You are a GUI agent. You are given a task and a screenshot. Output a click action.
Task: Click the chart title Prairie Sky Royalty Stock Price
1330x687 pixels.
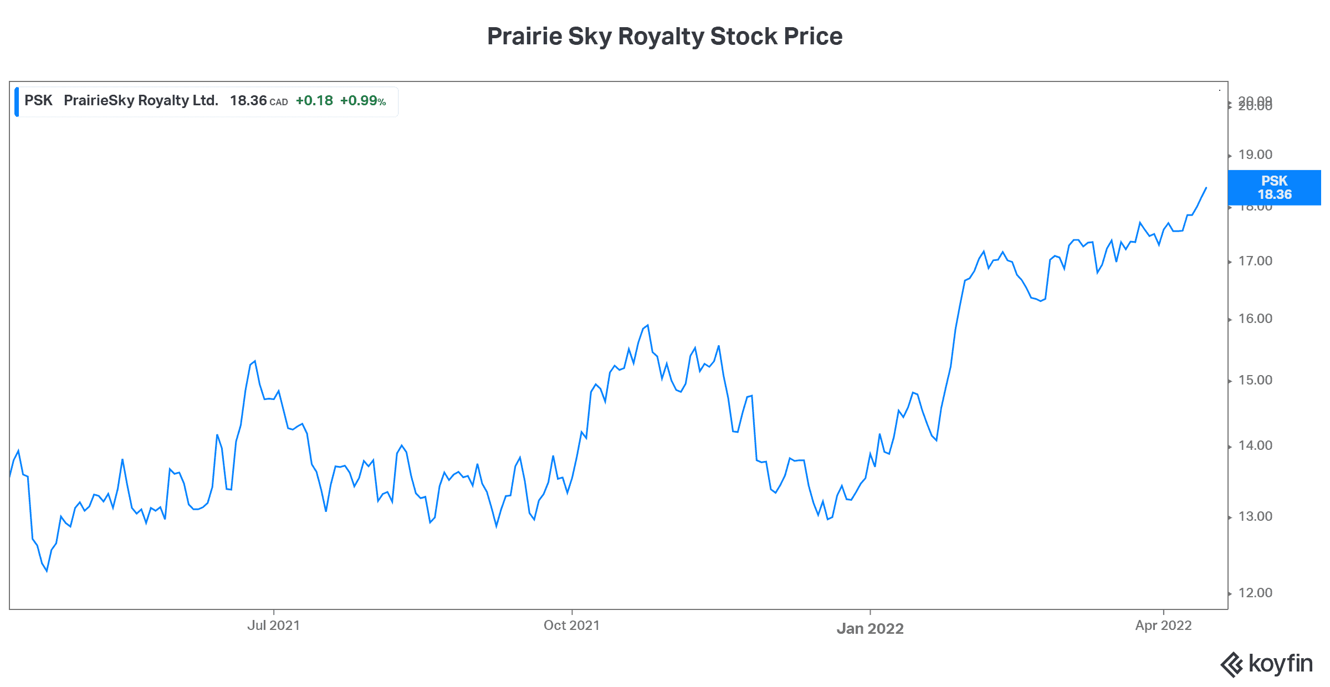click(664, 37)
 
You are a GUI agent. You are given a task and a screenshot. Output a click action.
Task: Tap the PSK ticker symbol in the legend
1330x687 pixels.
click(38, 101)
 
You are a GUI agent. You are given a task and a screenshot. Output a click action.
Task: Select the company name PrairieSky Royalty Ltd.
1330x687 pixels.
click(141, 101)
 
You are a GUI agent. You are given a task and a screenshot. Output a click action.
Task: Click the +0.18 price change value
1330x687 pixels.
click(314, 101)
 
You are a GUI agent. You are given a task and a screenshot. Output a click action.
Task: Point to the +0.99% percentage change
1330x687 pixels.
click(362, 101)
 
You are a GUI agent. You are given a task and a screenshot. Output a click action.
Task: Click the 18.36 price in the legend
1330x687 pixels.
click(248, 101)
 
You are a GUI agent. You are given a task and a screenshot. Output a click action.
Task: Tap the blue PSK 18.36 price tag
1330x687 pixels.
click(1274, 188)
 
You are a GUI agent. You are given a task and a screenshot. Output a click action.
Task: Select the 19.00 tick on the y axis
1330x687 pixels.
click(1255, 155)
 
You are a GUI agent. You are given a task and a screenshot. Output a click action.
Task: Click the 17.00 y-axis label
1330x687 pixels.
click(1255, 261)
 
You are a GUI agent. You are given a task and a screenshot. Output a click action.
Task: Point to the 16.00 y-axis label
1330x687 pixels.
click(1255, 319)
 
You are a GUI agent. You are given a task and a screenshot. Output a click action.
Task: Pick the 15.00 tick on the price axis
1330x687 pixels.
click(1255, 380)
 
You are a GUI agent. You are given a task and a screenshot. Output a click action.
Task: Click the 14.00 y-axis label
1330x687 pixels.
click(1255, 445)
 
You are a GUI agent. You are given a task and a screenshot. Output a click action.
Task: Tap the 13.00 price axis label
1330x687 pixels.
click(1255, 516)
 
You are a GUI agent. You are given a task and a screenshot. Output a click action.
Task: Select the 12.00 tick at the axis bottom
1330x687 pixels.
click(1255, 593)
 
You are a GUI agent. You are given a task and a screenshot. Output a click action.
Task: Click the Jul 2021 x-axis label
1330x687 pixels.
click(273, 626)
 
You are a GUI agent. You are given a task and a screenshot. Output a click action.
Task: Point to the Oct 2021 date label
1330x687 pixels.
click(571, 626)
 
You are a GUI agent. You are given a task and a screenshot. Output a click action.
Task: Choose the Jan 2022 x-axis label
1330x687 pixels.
click(870, 628)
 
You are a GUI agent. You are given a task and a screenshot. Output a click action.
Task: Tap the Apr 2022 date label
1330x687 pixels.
click(1163, 626)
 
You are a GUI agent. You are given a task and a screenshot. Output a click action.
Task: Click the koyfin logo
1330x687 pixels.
click(1266, 664)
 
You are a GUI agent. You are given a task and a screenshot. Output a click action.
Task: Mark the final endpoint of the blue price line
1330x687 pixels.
click(1206, 188)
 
